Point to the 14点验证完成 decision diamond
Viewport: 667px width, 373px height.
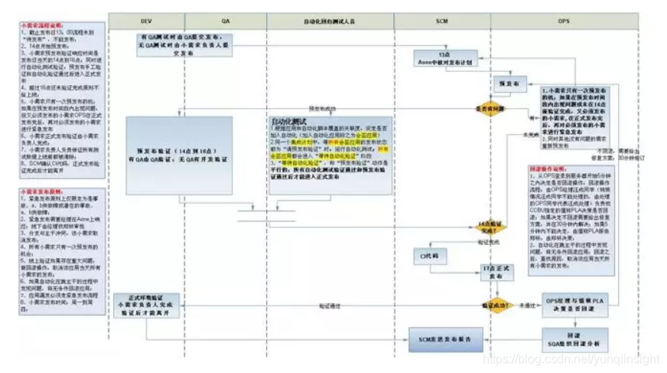click(490, 226)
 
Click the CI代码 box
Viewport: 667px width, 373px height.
click(429, 256)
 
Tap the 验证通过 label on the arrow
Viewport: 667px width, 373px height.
click(330, 306)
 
